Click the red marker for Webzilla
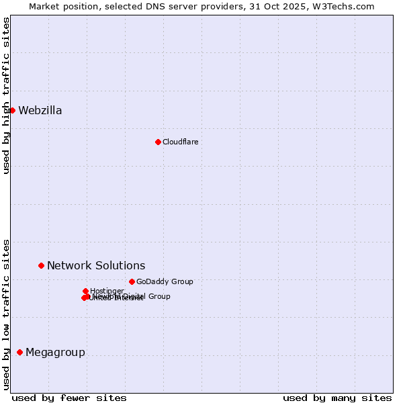12,110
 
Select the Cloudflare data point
158,142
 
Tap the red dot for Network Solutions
41,265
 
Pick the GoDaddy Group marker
132,281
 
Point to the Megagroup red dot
19,352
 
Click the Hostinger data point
85,291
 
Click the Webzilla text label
40,111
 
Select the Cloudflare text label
180,142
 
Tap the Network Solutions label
96,266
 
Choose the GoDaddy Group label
165,282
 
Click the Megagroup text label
55,353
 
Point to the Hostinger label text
107,291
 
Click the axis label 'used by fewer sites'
69,398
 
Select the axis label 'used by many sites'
337,398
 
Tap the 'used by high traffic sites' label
7,95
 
